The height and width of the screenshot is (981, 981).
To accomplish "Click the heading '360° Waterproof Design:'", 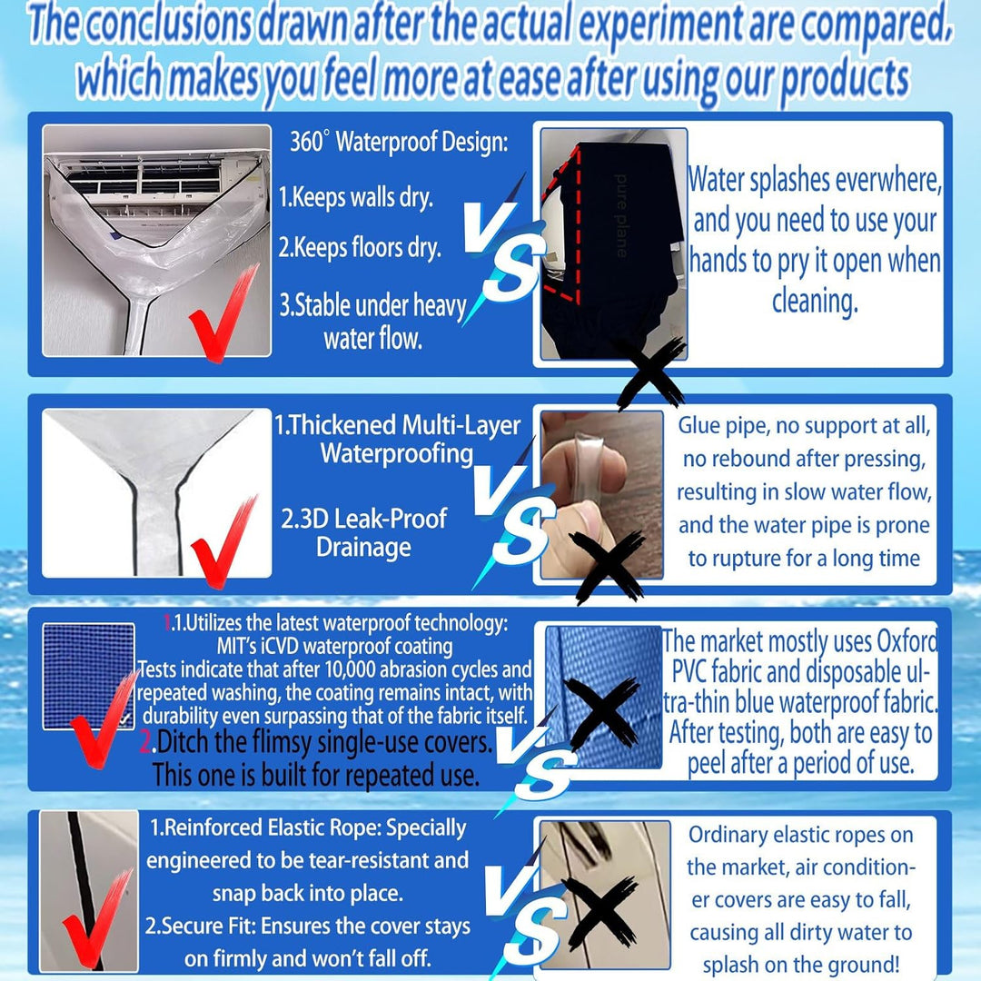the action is pos(399,142).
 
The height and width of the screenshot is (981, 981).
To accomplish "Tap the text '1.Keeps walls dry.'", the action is pos(355,197).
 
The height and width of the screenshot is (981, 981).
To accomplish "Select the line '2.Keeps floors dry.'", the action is pos(360,248).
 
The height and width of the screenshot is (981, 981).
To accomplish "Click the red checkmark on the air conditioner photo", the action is pos(223,312).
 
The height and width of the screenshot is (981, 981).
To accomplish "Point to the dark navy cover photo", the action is pos(613,244).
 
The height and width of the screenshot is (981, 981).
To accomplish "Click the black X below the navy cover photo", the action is pos(649,372).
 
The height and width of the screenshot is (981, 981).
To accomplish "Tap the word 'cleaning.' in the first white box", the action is pos(815,302).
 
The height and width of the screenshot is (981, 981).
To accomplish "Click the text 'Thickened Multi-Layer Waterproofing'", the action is pos(404,440).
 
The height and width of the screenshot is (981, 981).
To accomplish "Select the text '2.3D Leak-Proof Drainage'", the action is pos(363,532).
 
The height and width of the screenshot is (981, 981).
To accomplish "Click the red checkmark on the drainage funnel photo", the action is pos(225,541).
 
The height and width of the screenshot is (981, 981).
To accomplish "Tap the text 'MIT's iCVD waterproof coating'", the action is pos(334,646).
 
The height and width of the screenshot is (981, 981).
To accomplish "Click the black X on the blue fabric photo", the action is pos(599,713).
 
